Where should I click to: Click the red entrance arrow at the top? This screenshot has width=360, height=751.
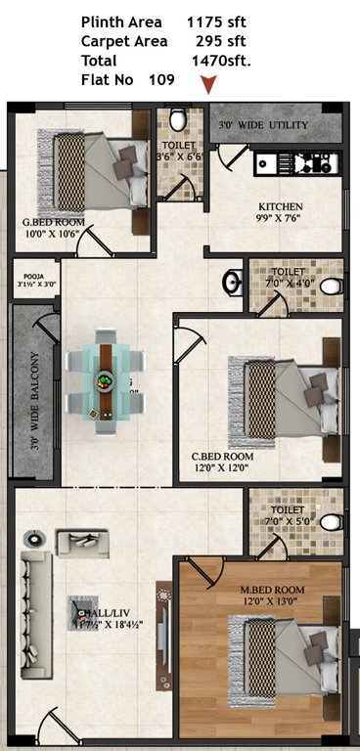(206, 87)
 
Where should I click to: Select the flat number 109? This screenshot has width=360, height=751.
(160, 79)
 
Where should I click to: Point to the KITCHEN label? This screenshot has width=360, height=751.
(280, 206)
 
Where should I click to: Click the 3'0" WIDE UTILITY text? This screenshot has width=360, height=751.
(262, 126)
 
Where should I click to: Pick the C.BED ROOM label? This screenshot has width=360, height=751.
(222, 457)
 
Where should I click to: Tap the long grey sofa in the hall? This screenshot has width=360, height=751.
(38, 614)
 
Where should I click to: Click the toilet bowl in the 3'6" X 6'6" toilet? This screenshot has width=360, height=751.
(178, 119)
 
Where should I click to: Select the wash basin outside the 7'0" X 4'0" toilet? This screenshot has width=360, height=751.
(231, 283)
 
